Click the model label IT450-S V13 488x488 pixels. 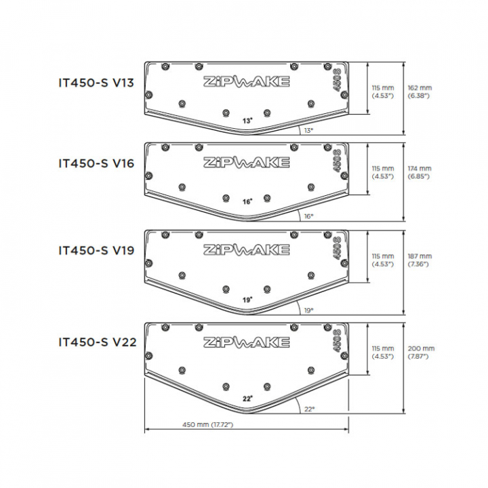tap(96, 83)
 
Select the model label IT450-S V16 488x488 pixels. tap(96, 163)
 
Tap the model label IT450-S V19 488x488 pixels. tap(96, 250)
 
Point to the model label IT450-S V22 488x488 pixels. tap(98, 342)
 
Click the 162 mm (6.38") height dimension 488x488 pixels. tap(420, 91)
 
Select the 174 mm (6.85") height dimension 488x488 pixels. tap(420, 172)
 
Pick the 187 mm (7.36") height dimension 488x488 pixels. tap(420, 260)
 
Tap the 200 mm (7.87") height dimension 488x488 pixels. tap(421, 352)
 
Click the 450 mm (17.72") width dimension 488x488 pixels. tap(207, 424)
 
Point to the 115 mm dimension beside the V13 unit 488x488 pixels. tap(383, 91)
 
